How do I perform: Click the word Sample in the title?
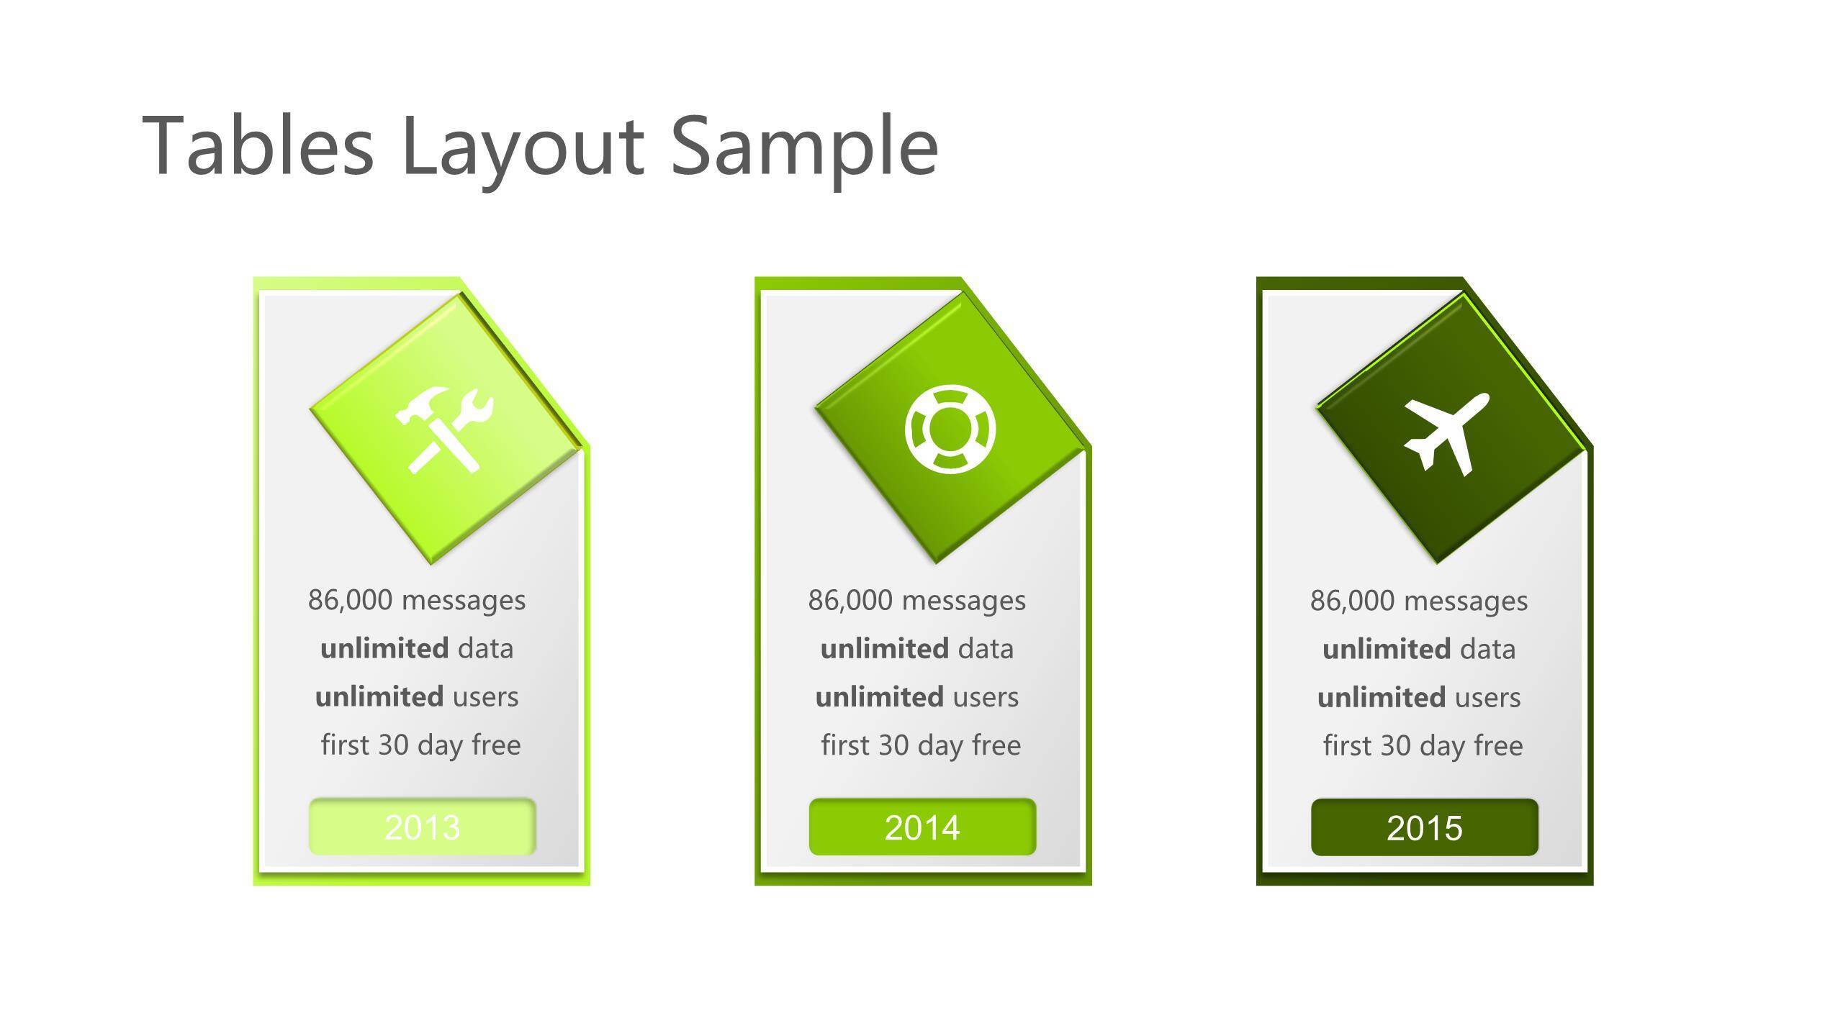805,152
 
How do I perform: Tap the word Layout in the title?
523,152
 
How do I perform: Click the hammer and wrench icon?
445,430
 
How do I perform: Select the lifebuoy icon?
950,430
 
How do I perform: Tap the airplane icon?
1446,435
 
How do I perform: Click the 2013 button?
423,827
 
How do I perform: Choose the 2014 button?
922,827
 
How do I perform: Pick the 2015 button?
1424,827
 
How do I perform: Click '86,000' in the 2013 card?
350,600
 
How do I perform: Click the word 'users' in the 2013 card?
486,698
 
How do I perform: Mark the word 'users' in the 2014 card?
986,698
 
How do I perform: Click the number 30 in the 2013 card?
393,745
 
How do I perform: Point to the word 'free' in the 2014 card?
997,745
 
